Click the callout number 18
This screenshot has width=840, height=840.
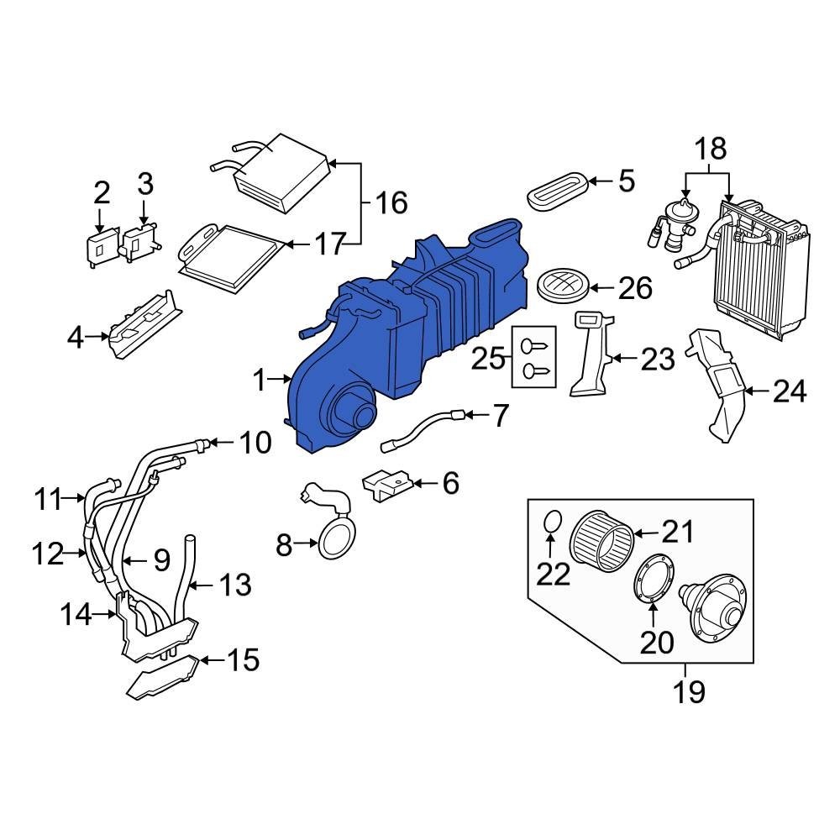point(711,149)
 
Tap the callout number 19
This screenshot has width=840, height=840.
point(689,691)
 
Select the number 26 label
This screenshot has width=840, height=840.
point(635,289)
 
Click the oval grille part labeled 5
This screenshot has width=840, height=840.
point(557,192)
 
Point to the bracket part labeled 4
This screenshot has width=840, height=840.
point(144,324)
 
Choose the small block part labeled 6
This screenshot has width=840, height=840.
point(387,485)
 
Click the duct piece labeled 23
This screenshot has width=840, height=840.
point(592,354)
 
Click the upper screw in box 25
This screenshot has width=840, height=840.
point(534,345)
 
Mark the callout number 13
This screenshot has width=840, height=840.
point(234,585)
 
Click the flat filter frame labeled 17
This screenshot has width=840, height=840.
point(233,260)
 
